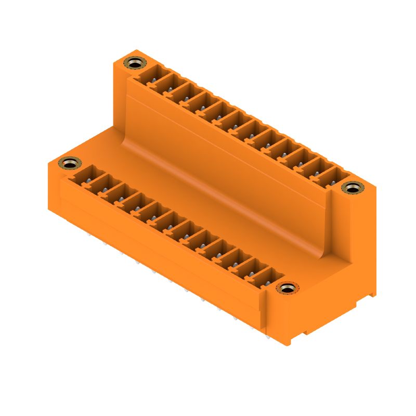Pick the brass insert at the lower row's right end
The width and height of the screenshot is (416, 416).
[287, 288]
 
